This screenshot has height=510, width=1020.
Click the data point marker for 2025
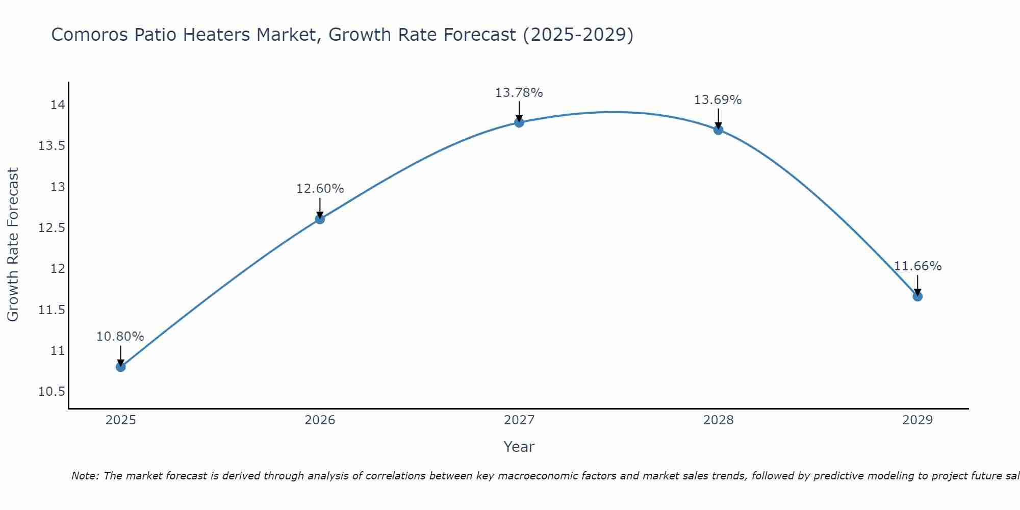coord(121,367)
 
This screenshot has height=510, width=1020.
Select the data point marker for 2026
coord(320,219)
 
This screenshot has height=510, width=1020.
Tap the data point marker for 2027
coord(519,122)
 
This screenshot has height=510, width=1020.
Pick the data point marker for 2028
coord(718,130)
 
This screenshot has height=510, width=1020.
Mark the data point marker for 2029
coord(917,296)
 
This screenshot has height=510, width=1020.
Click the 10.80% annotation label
coord(120,337)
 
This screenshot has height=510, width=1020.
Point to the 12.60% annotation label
coord(320,189)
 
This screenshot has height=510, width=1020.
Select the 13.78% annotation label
coord(519,93)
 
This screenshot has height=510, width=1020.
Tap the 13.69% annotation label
coord(718,100)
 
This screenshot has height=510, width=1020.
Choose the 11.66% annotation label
coord(917,266)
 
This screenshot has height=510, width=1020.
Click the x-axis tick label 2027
coord(519,420)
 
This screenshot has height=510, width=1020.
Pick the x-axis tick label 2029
coord(917,420)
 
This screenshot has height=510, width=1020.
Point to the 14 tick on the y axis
coord(58,105)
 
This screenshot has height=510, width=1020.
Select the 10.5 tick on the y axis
coord(52,392)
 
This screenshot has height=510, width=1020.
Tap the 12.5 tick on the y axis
coord(52,228)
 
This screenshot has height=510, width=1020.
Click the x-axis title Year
coord(519,447)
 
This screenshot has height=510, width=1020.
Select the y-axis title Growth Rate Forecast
coord(13,245)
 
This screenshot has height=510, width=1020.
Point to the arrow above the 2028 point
coord(718,119)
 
